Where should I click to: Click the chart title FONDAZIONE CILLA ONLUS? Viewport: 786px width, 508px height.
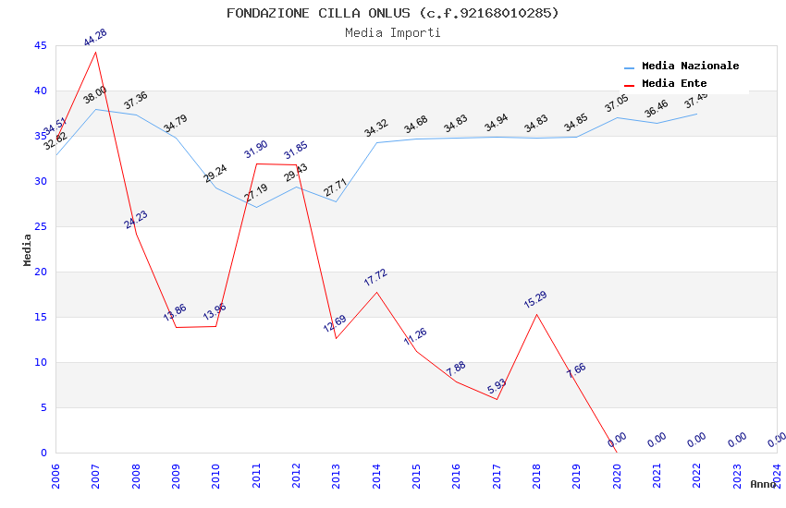click(393, 13)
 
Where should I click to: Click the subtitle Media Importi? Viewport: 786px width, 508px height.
click(393, 32)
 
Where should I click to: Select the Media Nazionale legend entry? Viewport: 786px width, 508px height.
click(690, 67)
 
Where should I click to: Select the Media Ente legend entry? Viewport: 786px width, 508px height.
click(674, 84)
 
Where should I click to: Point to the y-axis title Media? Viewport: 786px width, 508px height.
click(28, 249)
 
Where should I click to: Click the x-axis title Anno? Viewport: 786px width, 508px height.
click(763, 484)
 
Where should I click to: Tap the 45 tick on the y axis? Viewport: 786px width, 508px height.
click(40, 45)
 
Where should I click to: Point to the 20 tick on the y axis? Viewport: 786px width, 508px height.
click(40, 272)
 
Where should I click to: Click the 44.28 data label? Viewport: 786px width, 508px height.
click(95, 38)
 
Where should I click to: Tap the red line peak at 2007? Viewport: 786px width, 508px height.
click(96, 52)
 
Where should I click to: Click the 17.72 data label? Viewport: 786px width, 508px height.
click(375, 278)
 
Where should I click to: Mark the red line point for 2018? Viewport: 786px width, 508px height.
click(536, 314)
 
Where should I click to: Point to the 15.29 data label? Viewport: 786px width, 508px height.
click(535, 300)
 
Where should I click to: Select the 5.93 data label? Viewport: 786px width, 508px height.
click(496, 385)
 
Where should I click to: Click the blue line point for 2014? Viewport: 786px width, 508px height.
click(376, 142)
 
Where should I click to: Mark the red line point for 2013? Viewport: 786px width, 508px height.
click(336, 338)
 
